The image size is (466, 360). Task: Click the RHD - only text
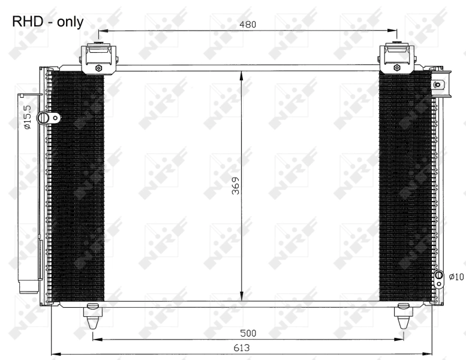[47, 22]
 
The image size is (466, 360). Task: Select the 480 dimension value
[247, 25]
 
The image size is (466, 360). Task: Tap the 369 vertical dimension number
[235, 187]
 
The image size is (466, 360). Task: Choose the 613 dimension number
[242, 347]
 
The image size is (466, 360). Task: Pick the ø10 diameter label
[456, 277]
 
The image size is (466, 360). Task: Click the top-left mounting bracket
[98, 58]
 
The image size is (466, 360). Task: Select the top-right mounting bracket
[396, 58]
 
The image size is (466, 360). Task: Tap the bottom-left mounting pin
[92, 316]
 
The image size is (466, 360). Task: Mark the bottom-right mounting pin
[403, 316]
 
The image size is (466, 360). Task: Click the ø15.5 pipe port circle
[43, 118]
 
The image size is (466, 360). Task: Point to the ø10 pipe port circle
[439, 277]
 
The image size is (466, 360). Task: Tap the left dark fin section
[79, 186]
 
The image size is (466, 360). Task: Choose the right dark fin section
[405, 186]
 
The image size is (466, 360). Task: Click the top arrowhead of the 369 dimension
[241, 75]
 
